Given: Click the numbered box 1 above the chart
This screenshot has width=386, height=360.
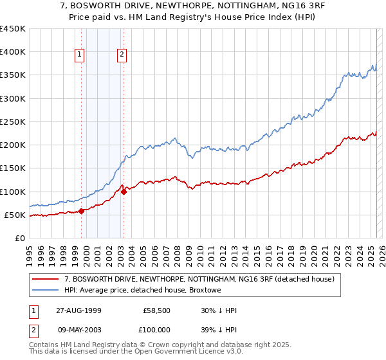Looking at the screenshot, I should point(80,55).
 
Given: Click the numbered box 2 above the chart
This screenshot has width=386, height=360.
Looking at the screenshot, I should point(122,55).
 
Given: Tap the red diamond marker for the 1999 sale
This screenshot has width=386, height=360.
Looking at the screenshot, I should point(82,211).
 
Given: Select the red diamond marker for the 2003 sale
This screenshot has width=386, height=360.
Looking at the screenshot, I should point(124,192).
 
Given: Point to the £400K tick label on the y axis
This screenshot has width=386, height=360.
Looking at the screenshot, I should point(13,52).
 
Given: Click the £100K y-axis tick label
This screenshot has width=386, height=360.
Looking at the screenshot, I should point(13,192).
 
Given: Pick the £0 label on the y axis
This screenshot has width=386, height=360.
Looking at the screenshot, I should point(21,238).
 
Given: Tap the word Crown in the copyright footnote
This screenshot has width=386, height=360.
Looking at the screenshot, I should point(159,345).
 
